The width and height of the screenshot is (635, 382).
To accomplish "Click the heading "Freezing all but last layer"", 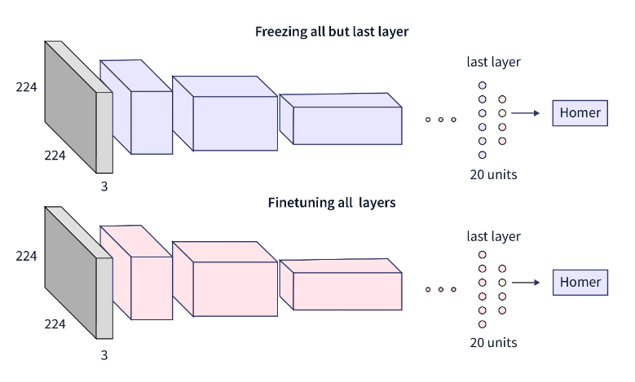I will [331, 33].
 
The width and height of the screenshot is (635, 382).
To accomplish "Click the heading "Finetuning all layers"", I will [331, 202].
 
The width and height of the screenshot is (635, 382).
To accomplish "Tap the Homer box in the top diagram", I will [580, 113].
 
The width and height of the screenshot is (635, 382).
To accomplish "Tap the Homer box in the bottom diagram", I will [580, 283].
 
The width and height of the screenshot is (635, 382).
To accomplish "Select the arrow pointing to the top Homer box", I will [525, 113].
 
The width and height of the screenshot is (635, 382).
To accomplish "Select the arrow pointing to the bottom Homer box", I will [525, 283].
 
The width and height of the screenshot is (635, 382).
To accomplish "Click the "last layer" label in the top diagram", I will [493, 62].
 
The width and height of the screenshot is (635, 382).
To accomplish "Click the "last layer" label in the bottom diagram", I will [493, 236].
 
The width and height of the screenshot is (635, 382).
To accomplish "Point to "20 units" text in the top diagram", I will [493, 174].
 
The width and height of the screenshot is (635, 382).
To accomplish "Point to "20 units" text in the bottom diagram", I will [493, 342].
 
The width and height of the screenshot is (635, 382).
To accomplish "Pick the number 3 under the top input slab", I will [104, 186].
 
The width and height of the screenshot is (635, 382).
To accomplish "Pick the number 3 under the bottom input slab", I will [104, 354].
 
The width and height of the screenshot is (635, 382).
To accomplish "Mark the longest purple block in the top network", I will [346, 124].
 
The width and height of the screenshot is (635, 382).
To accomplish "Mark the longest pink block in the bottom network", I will [346, 289].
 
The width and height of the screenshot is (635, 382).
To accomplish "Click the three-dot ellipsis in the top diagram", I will [440, 120].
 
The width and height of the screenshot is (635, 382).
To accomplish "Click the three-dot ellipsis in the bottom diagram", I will [440, 289].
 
